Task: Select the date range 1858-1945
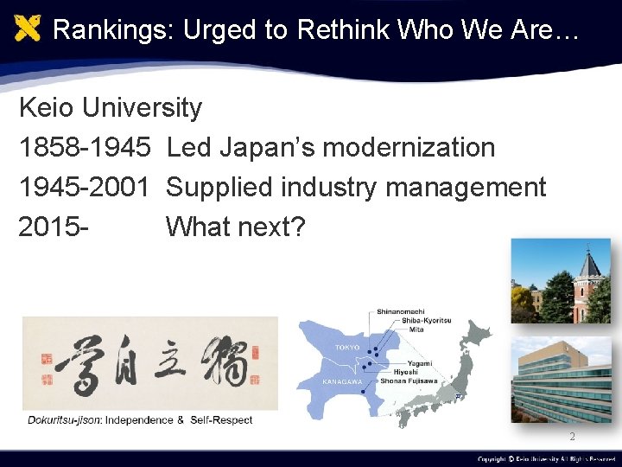coord(85,148)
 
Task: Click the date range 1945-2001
coord(85,187)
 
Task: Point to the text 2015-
coord(54,227)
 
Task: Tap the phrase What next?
coord(235,227)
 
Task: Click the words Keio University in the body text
coord(111,108)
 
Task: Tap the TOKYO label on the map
coord(346,347)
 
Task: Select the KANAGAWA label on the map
coord(342,381)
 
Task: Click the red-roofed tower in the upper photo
coord(589,277)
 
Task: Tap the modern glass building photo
coord(562,381)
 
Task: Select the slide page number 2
coord(571,438)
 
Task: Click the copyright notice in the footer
coord(546,459)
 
